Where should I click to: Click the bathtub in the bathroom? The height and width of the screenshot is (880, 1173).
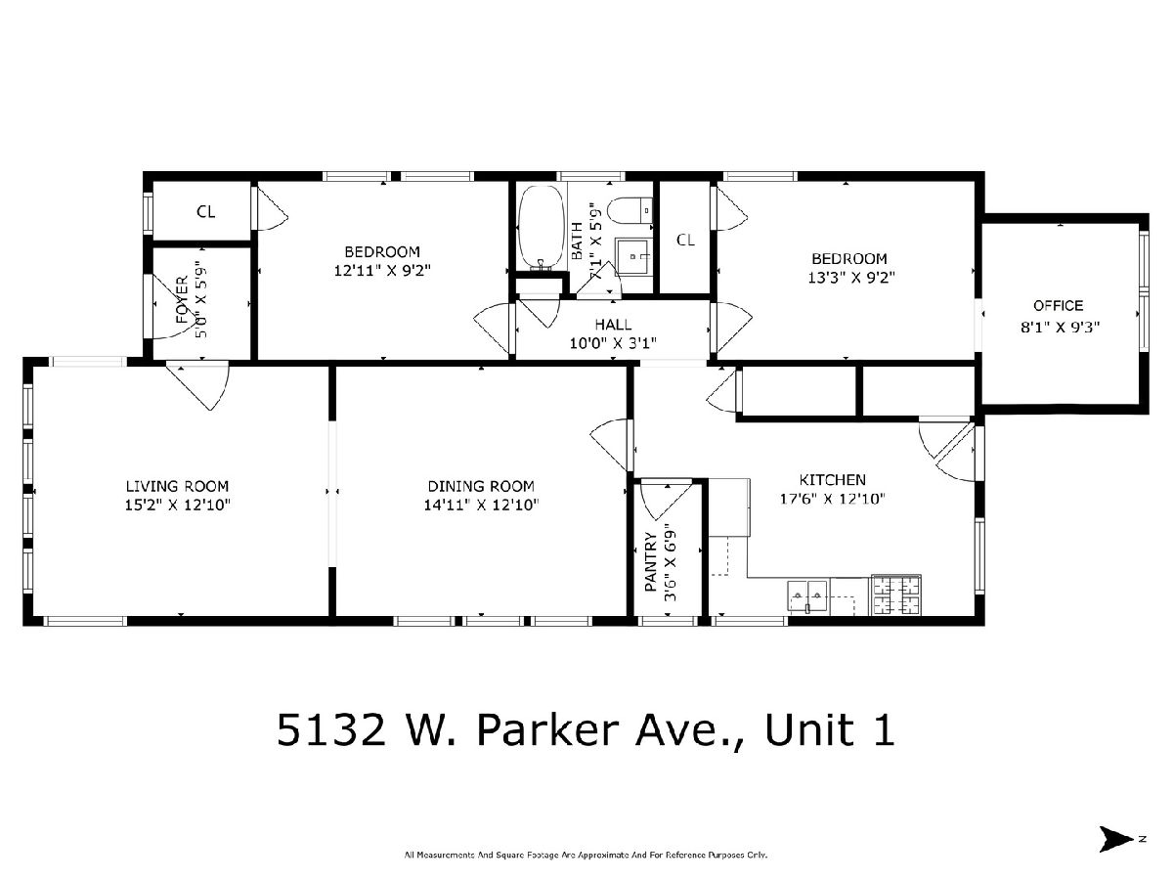(x=542, y=227)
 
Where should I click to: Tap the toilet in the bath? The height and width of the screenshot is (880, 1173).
(x=630, y=211)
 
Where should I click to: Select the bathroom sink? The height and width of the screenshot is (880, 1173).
(x=633, y=257)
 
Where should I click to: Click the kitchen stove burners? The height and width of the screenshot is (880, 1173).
(x=896, y=594)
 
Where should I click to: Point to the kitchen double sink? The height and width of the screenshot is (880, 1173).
(x=807, y=595)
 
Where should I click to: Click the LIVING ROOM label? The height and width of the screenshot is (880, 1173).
(x=178, y=486)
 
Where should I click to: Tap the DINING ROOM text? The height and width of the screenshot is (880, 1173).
(x=481, y=486)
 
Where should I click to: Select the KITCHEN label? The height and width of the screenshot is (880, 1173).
(x=832, y=480)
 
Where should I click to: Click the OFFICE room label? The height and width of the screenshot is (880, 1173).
(x=1058, y=306)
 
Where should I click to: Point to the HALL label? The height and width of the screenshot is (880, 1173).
(x=613, y=325)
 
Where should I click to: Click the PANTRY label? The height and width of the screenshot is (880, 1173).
(x=650, y=561)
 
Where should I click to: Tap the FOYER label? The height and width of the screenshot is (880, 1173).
(x=182, y=300)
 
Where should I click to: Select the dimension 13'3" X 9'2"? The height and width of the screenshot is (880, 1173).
(x=850, y=278)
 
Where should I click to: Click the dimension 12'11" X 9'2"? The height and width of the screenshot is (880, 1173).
(x=382, y=271)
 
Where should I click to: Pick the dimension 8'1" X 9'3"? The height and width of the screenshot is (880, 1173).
(x=1061, y=327)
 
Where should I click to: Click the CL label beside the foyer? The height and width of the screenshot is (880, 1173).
(x=205, y=212)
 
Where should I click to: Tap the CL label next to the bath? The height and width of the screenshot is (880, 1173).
(x=685, y=240)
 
